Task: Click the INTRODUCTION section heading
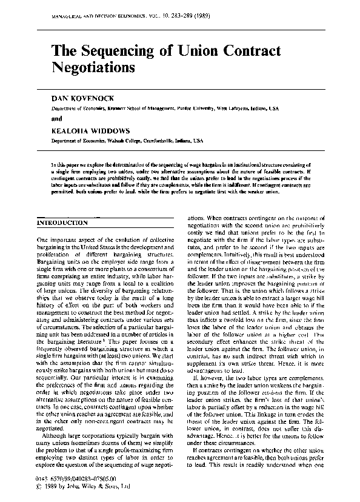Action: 63,223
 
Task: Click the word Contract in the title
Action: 255,50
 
